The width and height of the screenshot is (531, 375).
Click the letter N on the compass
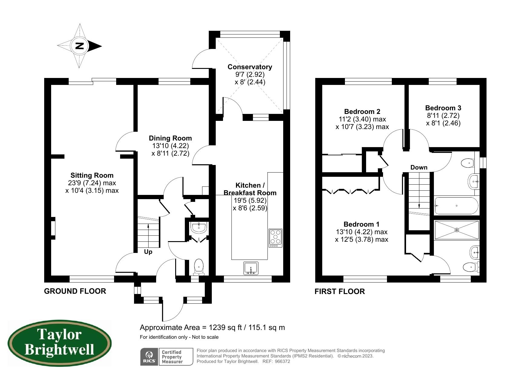click(x=79, y=46)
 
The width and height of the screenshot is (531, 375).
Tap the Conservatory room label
click(x=250, y=67)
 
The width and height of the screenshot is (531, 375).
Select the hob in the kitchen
click(x=275, y=238)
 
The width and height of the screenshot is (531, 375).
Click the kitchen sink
click(x=251, y=268)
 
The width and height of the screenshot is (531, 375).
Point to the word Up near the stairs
click(x=148, y=252)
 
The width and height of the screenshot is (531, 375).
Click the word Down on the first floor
click(x=419, y=167)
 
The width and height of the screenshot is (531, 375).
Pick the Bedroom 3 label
click(x=443, y=108)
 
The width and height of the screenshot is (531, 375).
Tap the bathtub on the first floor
click(x=456, y=206)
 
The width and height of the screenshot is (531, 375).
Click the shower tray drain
click(x=457, y=230)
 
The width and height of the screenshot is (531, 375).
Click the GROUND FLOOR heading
click(x=75, y=291)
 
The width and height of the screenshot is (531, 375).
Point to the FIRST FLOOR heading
click(x=340, y=291)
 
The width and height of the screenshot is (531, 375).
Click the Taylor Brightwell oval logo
click(x=60, y=343)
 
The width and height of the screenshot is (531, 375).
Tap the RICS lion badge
click(x=149, y=357)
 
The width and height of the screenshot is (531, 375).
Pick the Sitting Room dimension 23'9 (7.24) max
click(x=92, y=183)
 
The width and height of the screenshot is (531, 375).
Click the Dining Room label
click(x=170, y=138)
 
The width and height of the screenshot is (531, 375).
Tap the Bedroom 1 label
click(x=362, y=224)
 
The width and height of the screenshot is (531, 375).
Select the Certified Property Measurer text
click(x=172, y=357)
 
